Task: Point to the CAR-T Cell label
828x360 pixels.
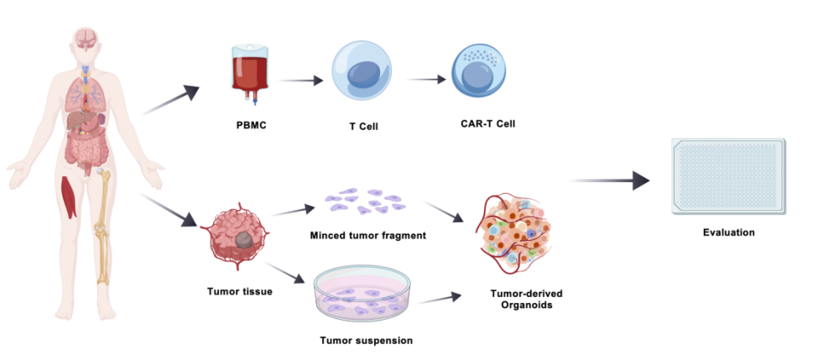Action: tap(482, 123)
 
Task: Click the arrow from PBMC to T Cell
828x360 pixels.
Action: tap(300, 81)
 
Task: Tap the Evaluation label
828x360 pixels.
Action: tap(729, 232)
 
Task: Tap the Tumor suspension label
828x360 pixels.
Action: tap(366, 340)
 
